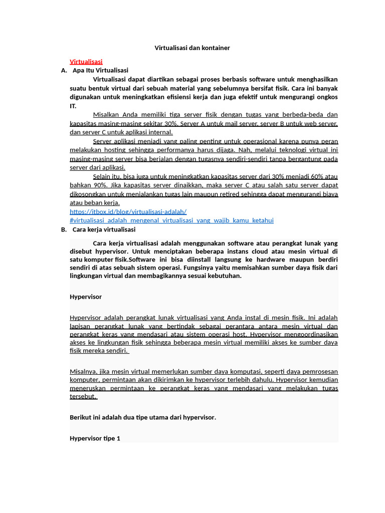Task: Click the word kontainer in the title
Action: pyautogui.click(x=215, y=48)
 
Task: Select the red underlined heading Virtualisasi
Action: pyautogui.click(x=86, y=62)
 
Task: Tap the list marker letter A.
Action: pyautogui.click(x=64, y=71)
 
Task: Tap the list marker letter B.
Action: pyautogui.click(x=64, y=229)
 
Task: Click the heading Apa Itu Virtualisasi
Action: pyautogui.click(x=100, y=71)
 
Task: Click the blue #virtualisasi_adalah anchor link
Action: pyautogui.click(x=171, y=220)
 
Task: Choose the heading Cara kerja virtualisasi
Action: pyautogui.click(x=104, y=229)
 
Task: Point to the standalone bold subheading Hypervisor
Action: pyautogui.click(x=85, y=297)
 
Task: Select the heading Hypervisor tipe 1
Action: pyautogui.click(x=95, y=438)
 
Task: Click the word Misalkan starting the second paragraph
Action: pyautogui.click(x=107, y=115)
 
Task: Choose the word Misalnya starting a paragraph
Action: pyautogui.click(x=82, y=371)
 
